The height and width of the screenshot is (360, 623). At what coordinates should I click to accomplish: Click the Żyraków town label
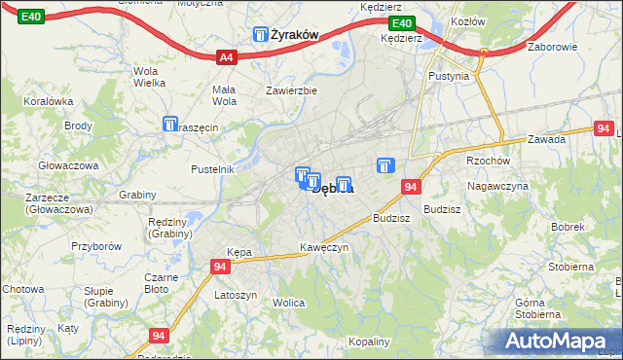point(296,35)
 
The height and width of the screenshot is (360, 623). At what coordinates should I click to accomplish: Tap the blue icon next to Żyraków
point(262,35)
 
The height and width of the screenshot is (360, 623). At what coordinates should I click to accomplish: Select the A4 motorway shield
point(226,57)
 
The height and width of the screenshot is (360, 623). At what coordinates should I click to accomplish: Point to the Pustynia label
point(449,76)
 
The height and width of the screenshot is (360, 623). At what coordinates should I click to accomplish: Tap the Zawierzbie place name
point(292,90)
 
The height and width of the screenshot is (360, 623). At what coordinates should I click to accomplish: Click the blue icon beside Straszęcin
point(171,126)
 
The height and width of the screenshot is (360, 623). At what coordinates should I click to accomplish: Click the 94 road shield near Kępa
point(221,266)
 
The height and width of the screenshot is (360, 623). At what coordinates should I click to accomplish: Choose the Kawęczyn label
point(324,247)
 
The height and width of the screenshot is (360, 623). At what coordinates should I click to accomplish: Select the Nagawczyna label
point(497,186)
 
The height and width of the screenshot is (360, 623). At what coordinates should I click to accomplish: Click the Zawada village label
point(547,139)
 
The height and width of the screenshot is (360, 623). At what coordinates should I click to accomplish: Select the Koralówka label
point(50,100)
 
